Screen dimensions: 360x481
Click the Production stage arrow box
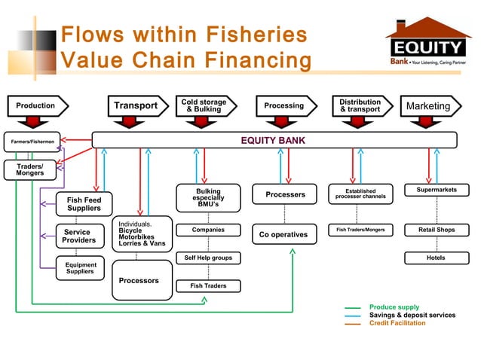point(35,105)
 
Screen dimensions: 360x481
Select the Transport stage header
point(136,105)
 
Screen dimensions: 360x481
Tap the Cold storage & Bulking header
point(204,105)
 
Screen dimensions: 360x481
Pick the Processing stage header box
point(283,105)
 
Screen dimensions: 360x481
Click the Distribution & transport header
point(360,105)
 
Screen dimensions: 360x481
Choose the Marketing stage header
point(428,106)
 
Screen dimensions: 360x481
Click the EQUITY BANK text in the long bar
point(272,140)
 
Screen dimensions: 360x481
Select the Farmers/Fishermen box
point(32,141)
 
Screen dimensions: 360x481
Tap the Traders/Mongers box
point(29,169)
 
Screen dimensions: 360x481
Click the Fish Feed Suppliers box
point(84,203)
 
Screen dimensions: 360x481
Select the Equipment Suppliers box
point(81,268)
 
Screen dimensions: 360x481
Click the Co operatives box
point(283,234)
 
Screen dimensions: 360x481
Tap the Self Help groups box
point(208,258)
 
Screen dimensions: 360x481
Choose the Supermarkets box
point(437,190)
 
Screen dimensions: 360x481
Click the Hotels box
point(436,258)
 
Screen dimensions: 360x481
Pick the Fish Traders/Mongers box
point(360,229)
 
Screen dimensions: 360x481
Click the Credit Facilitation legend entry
point(397,323)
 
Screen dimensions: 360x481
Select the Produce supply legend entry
point(394,307)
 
